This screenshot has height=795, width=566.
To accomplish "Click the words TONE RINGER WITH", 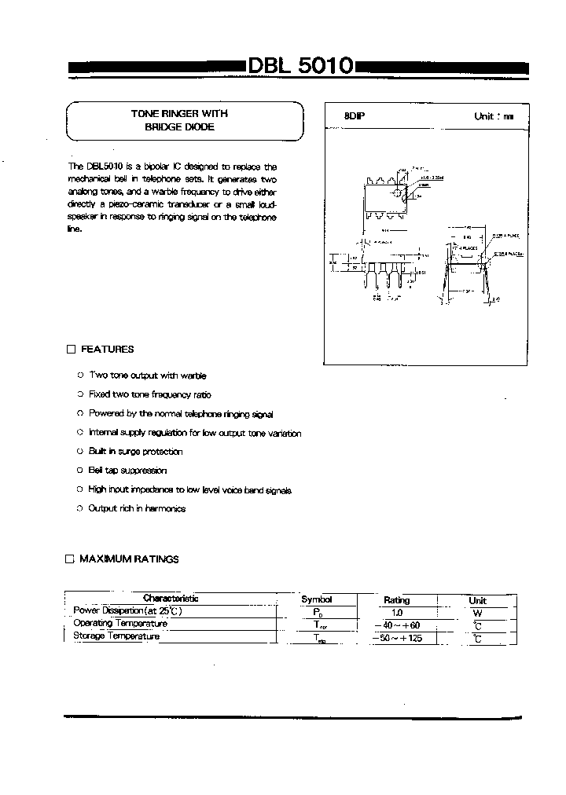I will pos(179,114).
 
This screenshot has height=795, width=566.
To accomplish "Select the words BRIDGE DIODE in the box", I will pos(179,126).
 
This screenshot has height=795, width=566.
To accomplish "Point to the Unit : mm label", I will pos(493,116).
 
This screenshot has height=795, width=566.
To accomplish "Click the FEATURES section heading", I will pos(108,350).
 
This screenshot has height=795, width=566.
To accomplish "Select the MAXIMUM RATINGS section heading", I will pos(130,559).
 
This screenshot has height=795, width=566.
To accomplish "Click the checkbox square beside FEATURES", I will pos(71,350).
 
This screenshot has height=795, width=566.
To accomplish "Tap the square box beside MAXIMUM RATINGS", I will pos(69,559).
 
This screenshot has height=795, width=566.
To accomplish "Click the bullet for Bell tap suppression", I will pos(80,471).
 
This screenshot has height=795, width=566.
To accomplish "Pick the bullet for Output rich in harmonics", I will pos(80,508).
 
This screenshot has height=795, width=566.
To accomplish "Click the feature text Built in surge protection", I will pos(135,452).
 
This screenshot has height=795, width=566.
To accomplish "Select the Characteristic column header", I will pos(171,599).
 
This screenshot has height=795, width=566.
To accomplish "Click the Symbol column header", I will pos(317,599).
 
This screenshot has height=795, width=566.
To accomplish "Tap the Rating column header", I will pos(397,599).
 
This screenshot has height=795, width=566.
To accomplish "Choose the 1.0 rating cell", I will pos(397,611).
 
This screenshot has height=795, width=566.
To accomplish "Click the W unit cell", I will pos(477,612).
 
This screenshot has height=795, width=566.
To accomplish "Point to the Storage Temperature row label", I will pos(116,636).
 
